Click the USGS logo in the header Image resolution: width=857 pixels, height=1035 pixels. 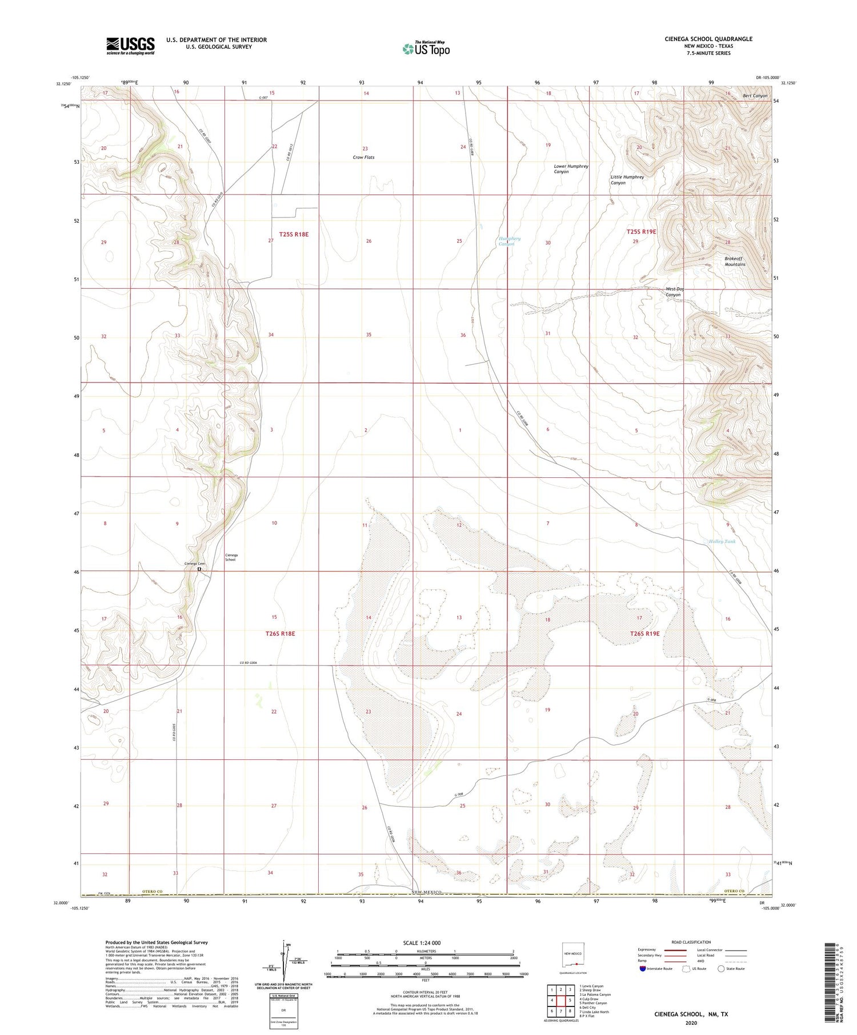pyautogui.click(x=130, y=46)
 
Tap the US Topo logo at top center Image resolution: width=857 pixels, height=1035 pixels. pyautogui.click(x=426, y=49)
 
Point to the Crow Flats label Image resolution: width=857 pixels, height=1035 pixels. pyautogui.click(x=363, y=157)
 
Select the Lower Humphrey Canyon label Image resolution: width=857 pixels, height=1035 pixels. pyautogui.click(x=570, y=169)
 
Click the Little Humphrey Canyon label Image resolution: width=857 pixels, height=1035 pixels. pyautogui.click(x=627, y=180)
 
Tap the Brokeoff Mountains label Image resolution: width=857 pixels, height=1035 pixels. pyautogui.click(x=735, y=261)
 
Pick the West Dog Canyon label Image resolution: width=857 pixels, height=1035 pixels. pyautogui.click(x=676, y=292)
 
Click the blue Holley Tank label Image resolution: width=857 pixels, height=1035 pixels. pyautogui.click(x=722, y=541)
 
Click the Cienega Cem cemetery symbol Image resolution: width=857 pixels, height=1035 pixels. pyautogui.click(x=199, y=569)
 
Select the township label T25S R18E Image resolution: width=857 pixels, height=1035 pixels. pyautogui.click(x=294, y=234)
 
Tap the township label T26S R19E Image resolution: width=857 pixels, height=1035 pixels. pyautogui.click(x=644, y=634)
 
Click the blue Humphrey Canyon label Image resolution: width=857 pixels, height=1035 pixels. pyautogui.click(x=508, y=241)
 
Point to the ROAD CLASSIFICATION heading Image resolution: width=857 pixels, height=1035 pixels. pyautogui.click(x=691, y=942)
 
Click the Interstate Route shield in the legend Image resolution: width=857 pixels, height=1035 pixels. pyautogui.click(x=643, y=969)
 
